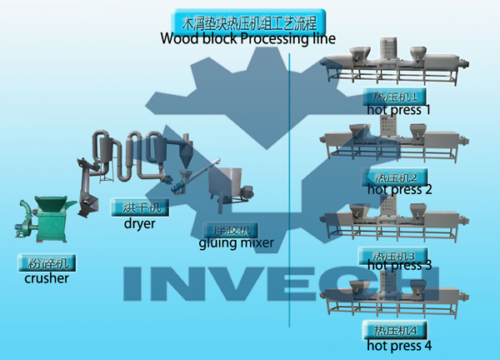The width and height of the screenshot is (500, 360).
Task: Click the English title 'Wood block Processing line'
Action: pyautogui.click(x=247, y=38)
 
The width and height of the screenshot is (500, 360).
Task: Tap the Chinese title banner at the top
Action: pyautogui.click(x=247, y=22)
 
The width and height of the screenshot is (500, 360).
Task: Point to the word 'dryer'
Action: pyautogui.click(x=140, y=223)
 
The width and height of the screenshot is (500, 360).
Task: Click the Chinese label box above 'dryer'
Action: pyautogui.click(x=140, y=206)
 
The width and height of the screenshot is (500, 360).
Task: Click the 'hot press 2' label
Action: pyautogui.click(x=398, y=190)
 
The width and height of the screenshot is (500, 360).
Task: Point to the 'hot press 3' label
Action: pyautogui.click(x=398, y=266)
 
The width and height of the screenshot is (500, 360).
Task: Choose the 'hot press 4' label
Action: pyautogui.click(x=398, y=345)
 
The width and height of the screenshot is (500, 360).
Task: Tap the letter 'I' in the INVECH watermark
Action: pyautogui.click(x=137, y=284)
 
